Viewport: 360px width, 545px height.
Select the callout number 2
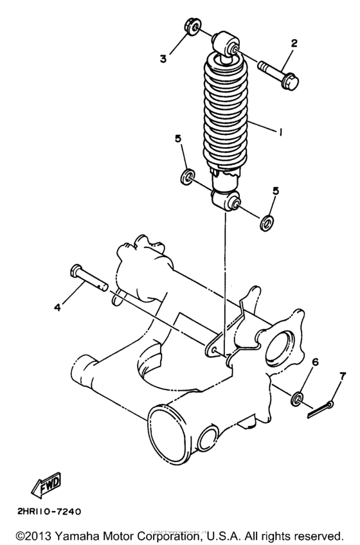(x=294, y=44)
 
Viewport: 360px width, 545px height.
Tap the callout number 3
(x=164, y=58)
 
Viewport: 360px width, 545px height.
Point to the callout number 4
(x=57, y=307)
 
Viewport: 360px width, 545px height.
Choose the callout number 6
(x=315, y=362)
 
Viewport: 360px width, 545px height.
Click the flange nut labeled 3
(x=190, y=28)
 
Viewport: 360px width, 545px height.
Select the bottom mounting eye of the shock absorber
(x=226, y=201)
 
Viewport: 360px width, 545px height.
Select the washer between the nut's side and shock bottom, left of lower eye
(x=188, y=176)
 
